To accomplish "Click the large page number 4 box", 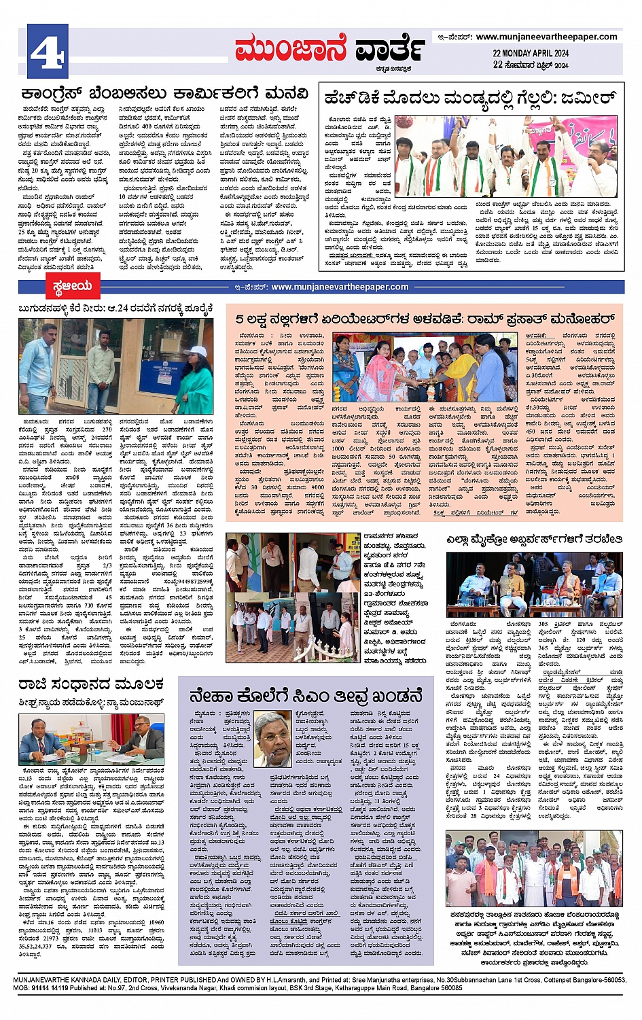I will pos(48,50).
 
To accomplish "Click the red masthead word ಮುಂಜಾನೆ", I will pos(291,50).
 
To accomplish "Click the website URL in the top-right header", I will pos(546,37).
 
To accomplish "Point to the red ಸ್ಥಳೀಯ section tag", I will pos(71,287).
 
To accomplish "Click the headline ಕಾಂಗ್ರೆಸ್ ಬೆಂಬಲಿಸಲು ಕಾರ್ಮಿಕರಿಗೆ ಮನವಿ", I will pos(164,94).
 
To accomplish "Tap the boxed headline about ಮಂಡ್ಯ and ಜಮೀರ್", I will pos(471,98).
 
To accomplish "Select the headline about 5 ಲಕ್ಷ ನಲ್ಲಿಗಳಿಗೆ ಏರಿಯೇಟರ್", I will pos(425,319).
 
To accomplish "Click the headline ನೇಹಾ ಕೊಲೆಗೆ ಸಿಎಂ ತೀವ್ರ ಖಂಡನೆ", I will pos(306,696).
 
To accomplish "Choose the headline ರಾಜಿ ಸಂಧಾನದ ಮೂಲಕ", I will pos(92,684).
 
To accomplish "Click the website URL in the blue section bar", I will pos(340,287).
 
